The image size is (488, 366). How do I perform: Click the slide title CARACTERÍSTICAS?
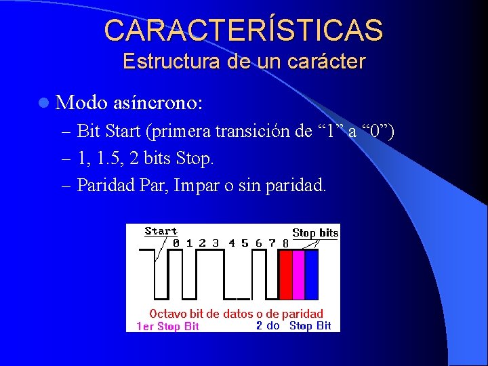point(244,30)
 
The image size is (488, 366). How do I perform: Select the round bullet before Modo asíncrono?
point(44,103)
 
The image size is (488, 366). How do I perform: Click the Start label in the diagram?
point(161,231)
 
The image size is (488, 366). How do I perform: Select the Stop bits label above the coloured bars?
point(315,232)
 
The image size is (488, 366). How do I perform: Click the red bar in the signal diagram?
point(285,274)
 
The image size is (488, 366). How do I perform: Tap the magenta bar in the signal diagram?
point(298,274)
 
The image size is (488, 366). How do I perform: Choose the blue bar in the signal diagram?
point(311,274)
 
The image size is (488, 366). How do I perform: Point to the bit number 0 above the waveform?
point(176,242)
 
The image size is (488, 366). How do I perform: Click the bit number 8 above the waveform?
point(285,242)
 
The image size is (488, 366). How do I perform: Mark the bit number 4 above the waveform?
point(231,242)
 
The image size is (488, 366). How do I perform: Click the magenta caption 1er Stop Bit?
point(167,327)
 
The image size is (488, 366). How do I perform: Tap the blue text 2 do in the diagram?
point(268,325)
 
